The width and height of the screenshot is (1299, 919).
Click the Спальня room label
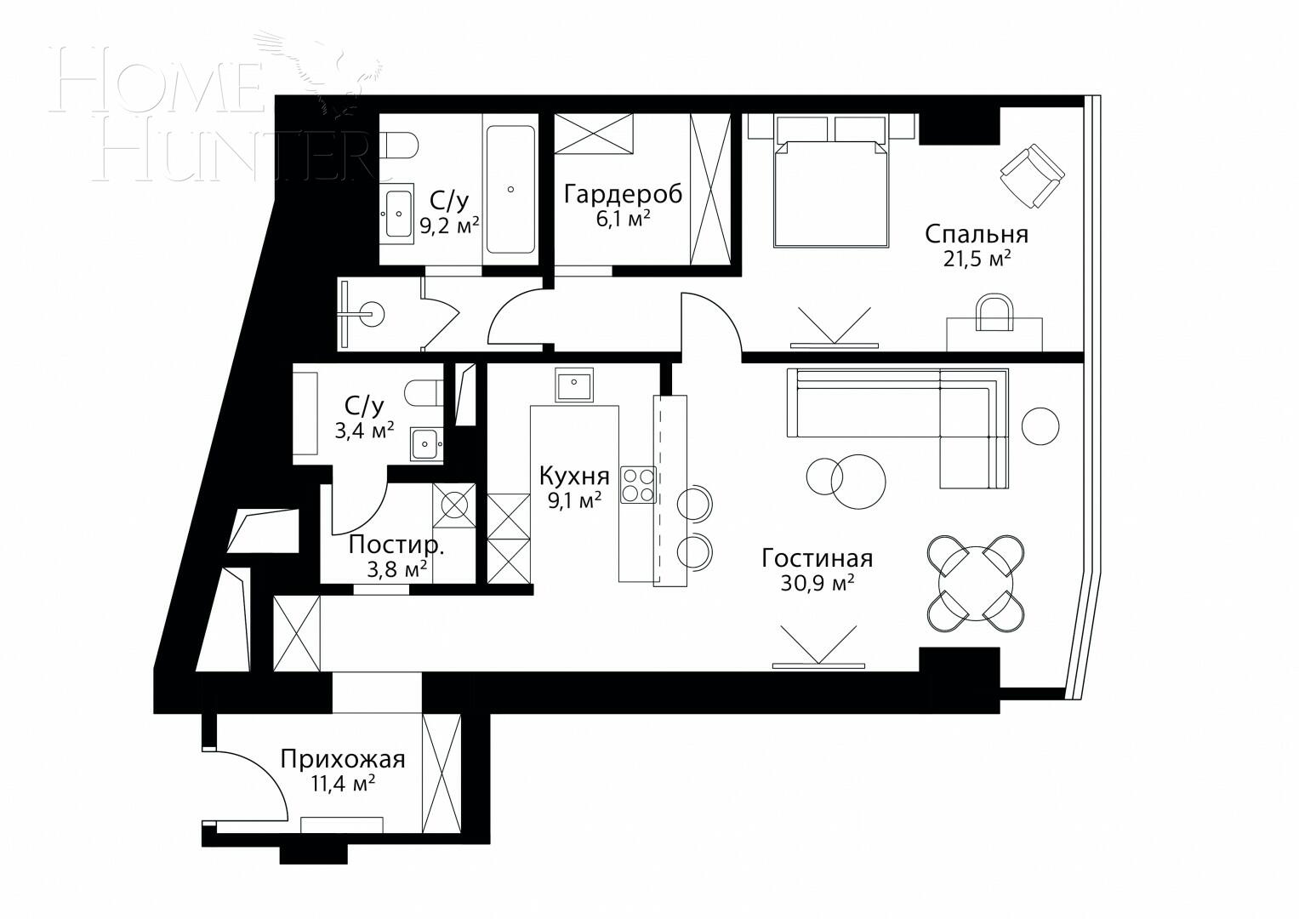[x=977, y=233]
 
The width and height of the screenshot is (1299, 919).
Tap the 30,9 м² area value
[x=817, y=584]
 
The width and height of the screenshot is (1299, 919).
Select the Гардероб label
[x=624, y=194]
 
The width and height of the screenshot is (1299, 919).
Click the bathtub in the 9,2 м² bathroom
[x=510, y=189]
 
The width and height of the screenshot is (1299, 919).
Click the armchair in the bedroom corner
[x=1031, y=175]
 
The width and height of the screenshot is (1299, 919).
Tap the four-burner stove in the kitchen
[x=638, y=485]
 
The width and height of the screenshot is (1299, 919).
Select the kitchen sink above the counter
[x=574, y=385]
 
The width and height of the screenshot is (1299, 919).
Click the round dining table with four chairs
[x=976, y=584]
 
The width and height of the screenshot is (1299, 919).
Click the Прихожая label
[x=343, y=759]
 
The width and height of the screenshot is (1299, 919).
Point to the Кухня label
[x=574, y=475]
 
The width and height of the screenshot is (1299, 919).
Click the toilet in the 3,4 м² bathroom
[x=422, y=393]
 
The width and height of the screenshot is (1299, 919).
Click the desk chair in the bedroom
[x=994, y=312]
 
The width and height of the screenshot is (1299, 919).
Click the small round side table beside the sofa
[x=1040, y=425]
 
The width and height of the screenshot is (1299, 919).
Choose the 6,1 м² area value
[x=623, y=219]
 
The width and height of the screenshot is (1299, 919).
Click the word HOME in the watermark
[x=157, y=83]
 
